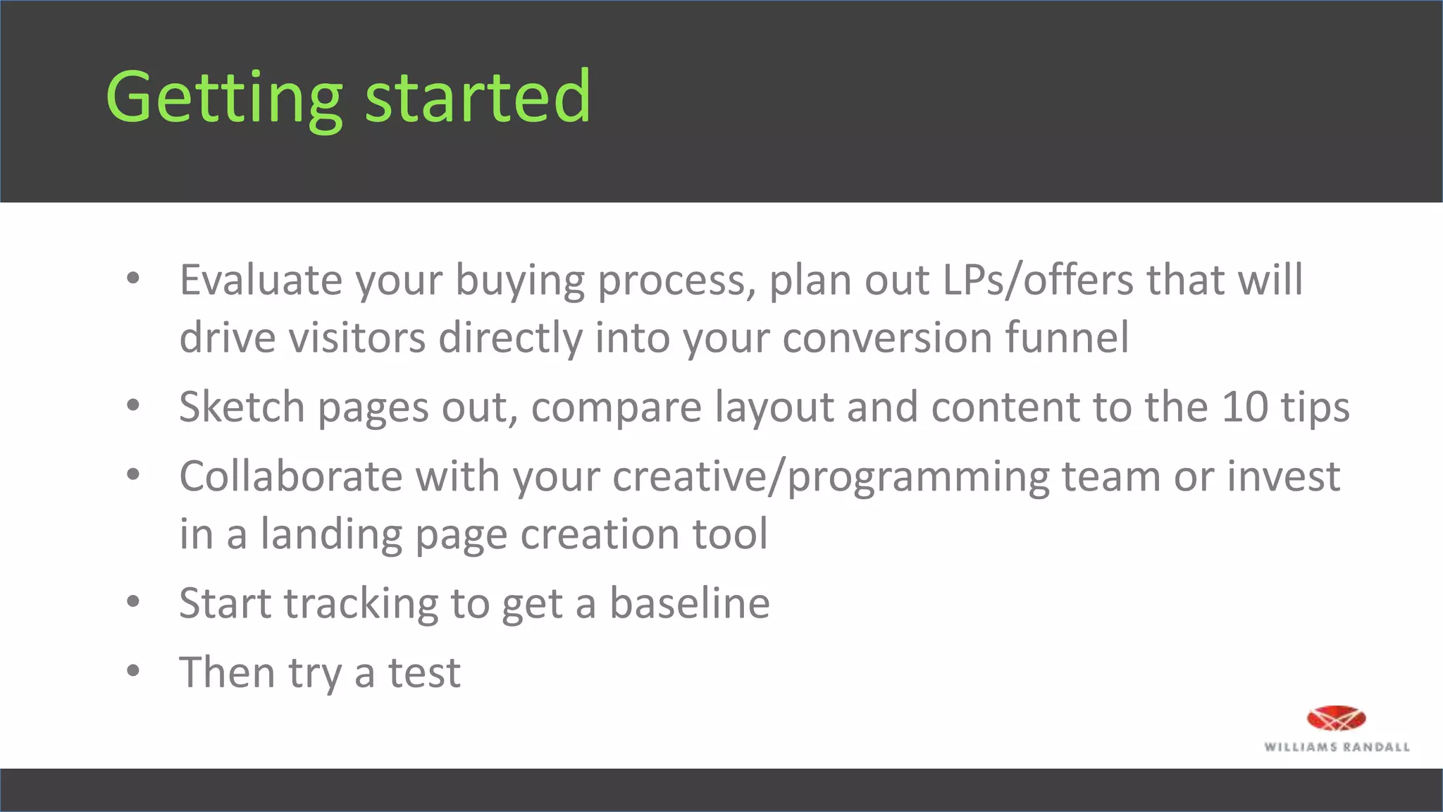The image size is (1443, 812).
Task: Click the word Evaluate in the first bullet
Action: coord(261,280)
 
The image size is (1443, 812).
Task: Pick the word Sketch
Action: coord(241,407)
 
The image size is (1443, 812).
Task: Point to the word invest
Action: coord(1284,476)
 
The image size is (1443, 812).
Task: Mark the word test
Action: coord(424,673)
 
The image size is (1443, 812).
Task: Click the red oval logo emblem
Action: coord(1336,719)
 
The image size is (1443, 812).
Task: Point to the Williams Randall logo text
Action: coord(1337,747)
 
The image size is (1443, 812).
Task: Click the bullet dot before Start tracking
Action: coord(133,602)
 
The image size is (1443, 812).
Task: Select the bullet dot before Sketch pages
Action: coord(133,405)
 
